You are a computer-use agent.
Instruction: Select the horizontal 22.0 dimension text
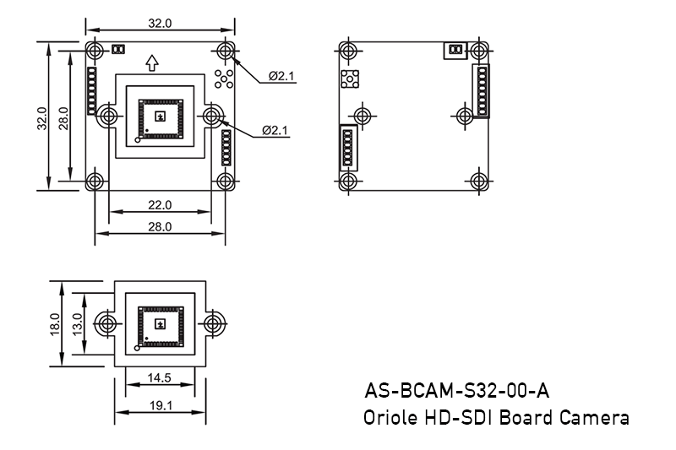click(x=160, y=204)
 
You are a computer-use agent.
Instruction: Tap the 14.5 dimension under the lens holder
click(x=160, y=378)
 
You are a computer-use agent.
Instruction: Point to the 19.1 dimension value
click(x=160, y=405)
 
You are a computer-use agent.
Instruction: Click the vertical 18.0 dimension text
click(x=55, y=323)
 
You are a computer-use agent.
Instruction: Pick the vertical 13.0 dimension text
click(x=78, y=323)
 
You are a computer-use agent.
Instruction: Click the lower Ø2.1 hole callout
click(x=275, y=130)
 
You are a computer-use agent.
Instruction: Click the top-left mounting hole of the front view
click(x=95, y=49)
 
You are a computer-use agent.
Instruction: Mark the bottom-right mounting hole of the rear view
click(x=480, y=181)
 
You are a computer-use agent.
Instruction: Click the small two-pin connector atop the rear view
click(x=455, y=51)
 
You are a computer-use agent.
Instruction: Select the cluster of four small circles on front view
click(x=225, y=79)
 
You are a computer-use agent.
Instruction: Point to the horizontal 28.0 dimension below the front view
click(x=160, y=226)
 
